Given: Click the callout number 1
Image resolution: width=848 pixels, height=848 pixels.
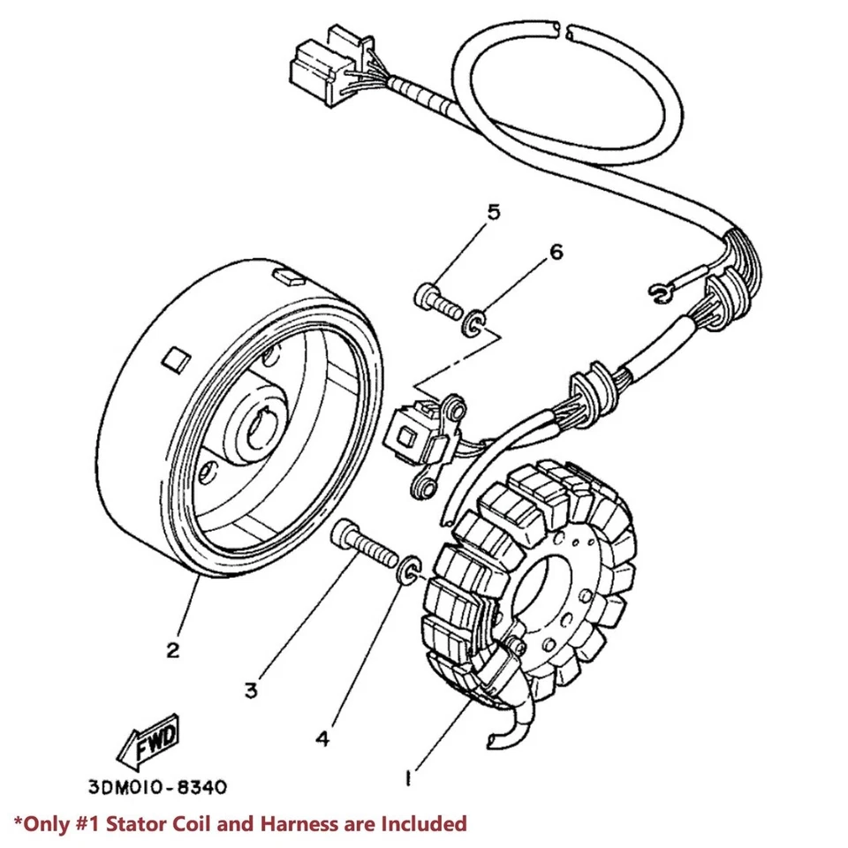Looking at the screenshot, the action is point(409,778).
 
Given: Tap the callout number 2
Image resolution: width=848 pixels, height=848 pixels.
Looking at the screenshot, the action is point(172,650).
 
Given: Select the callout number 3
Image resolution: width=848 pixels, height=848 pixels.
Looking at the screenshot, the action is point(251,691).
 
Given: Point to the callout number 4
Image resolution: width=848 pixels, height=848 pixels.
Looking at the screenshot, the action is point(323,738).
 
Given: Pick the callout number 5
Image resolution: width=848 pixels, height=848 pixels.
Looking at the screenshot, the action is point(494,213).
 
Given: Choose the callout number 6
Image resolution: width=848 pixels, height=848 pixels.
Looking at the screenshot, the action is point(556,252).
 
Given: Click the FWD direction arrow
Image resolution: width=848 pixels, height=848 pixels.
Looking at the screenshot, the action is point(148,742).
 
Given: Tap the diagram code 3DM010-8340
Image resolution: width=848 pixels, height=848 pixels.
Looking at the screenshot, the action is point(157,787).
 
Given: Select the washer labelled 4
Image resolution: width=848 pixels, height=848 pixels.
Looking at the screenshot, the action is point(409,569).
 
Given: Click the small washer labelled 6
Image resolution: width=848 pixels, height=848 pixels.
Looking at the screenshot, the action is point(473,323).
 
